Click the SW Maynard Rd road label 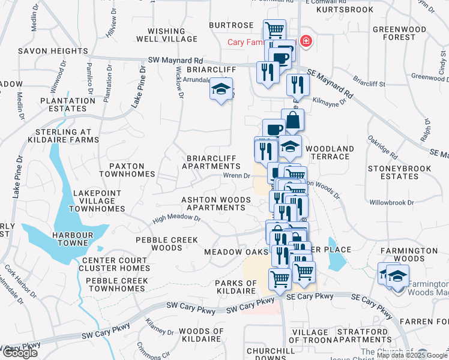pos(175,61)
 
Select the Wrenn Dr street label pos(236,176)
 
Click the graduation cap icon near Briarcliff pos(221,90)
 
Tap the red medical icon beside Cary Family pos(306,41)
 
